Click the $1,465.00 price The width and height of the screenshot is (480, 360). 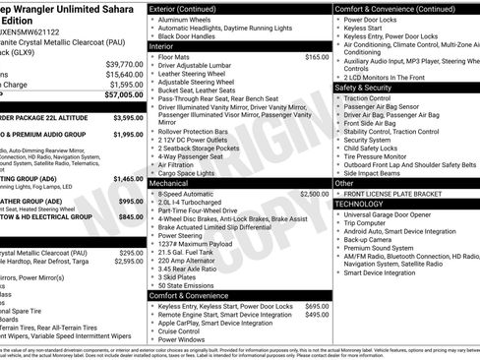click(128, 179)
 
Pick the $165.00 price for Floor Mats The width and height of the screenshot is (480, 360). click(316, 57)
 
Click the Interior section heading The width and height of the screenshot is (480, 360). click(163, 45)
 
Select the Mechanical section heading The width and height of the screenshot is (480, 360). click(169, 183)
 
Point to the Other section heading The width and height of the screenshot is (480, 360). click(344, 183)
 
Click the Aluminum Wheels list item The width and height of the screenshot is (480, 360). click(187, 19)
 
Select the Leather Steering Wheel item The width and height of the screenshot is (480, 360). click(198, 73)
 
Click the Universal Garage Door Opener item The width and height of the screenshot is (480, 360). click(397, 213)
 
